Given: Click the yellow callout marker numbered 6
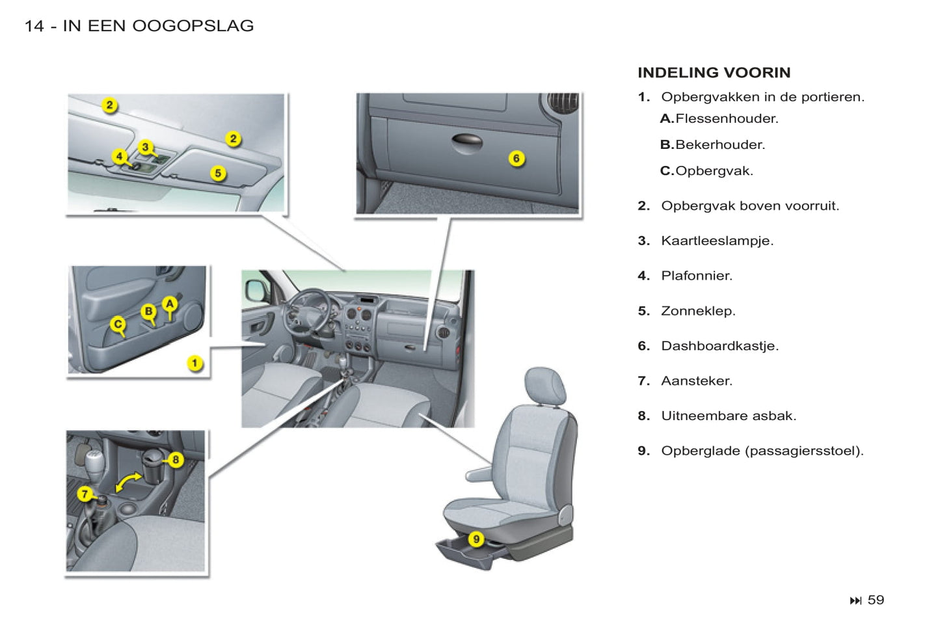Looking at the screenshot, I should point(517,158).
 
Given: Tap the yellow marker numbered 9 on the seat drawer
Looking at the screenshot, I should point(476,539).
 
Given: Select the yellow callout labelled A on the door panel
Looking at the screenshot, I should point(170,304).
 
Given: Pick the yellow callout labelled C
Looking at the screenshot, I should point(118,324).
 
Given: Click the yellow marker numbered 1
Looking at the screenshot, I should point(195,363).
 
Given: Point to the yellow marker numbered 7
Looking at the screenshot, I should point(85,494).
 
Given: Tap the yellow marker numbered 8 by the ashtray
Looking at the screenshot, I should point(175,460).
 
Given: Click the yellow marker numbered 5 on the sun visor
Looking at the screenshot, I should point(218,173).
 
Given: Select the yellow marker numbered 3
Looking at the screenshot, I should point(146,148).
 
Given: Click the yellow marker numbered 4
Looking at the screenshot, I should point(119,156).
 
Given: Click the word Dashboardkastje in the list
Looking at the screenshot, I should point(719,346).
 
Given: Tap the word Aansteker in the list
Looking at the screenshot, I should point(697,381).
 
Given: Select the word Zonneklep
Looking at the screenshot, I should point(698,311).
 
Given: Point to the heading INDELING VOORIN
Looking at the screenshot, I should point(714,73).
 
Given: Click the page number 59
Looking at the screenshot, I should point(876,600).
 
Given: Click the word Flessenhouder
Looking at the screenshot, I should point(727,118).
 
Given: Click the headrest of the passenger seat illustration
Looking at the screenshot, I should point(545,385).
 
